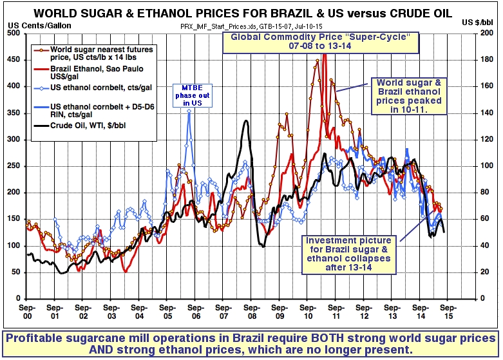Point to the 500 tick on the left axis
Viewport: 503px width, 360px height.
pos(14,33)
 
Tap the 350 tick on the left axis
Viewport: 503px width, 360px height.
pos(14,113)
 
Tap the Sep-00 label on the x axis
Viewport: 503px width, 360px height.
pos(26,312)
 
